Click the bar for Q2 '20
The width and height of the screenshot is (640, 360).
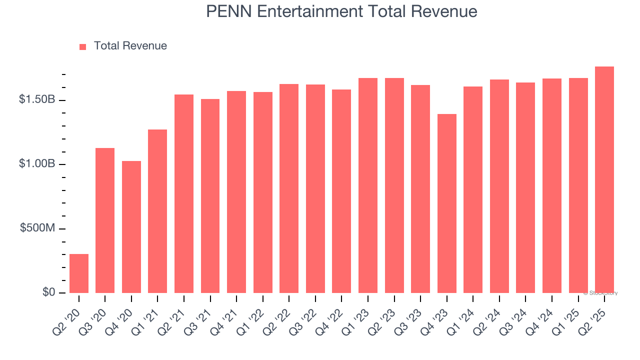click(79, 273)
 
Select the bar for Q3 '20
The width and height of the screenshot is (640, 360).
click(105, 220)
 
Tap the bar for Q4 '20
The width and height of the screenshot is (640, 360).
click(131, 227)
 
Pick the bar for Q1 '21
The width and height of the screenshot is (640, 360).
click(157, 211)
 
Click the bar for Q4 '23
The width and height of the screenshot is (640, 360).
click(447, 203)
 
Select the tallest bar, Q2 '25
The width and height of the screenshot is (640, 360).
click(604, 180)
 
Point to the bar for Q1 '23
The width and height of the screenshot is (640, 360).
click(368, 185)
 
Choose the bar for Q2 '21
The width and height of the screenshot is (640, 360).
click(184, 193)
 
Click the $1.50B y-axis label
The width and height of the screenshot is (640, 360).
click(37, 100)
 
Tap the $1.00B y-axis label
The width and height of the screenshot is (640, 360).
click(37, 164)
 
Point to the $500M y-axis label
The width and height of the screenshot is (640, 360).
click(37, 228)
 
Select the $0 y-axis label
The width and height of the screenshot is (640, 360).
click(48, 292)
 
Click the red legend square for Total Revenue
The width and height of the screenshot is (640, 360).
click(83, 46)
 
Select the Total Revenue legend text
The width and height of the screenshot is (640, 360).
click(130, 46)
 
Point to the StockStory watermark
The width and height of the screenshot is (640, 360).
click(600, 293)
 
